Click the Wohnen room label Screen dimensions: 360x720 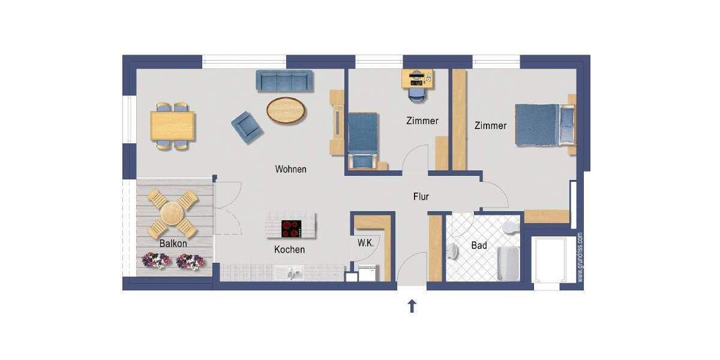[x=290, y=169]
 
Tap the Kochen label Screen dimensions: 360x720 [x=289, y=250]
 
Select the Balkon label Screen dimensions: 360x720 [x=173, y=244]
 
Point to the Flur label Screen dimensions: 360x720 [x=421, y=196]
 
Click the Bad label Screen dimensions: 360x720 [x=479, y=245]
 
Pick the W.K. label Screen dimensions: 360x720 [x=365, y=243]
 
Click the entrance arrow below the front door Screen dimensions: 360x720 [x=412, y=307]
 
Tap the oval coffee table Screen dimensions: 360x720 [x=286, y=110]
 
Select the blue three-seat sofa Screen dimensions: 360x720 [x=285, y=81]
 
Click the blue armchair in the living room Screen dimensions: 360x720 [x=247, y=127]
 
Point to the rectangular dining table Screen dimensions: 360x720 [x=173, y=126]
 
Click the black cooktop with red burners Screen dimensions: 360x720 [x=292, y=228]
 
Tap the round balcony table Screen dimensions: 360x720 [x=173, y=212]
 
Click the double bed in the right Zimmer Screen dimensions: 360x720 [x=543, y=124]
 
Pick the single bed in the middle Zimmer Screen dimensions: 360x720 [x=362, y=140]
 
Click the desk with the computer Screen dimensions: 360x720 [x=417, y=78]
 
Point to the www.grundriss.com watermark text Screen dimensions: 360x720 [x=580, y=257]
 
